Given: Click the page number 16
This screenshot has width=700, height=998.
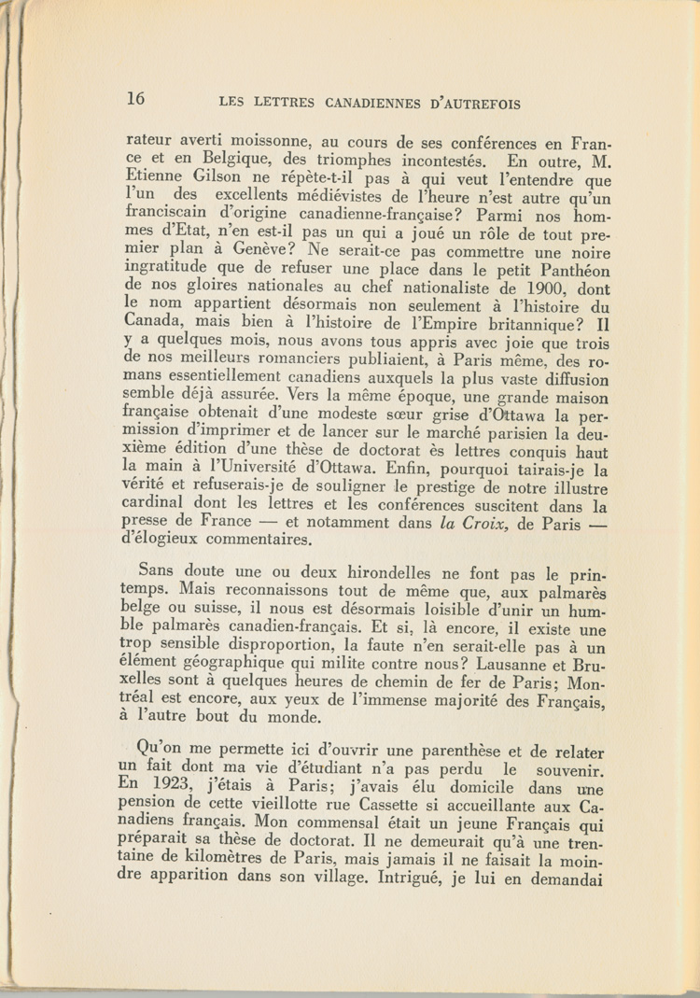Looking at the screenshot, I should click(x=135, y=98).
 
